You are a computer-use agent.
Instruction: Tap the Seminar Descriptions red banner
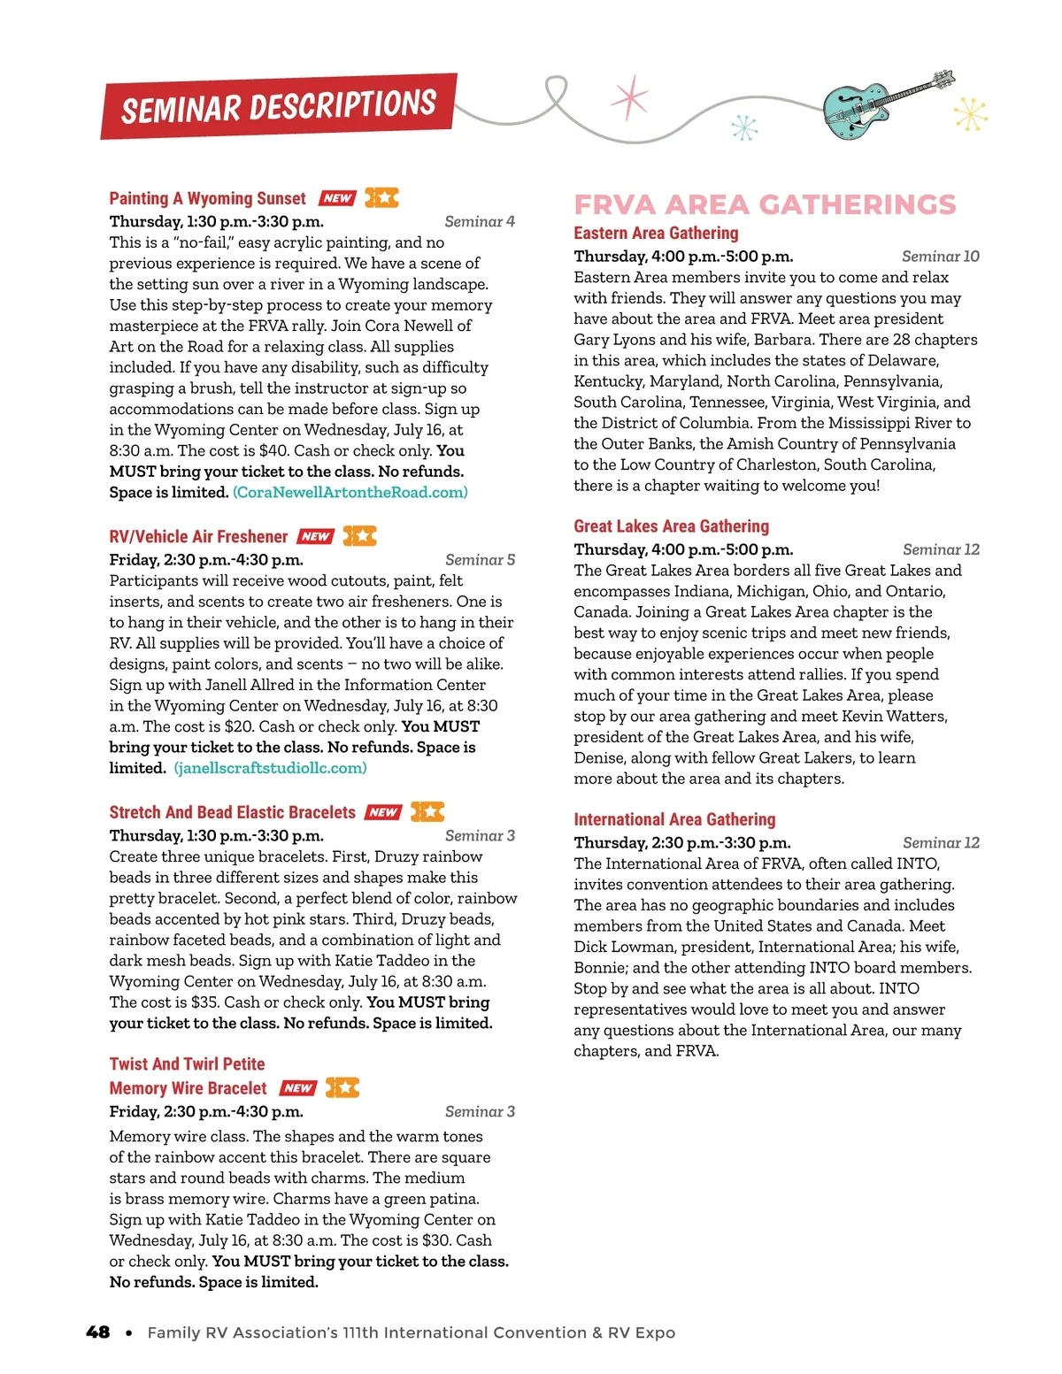click(279, 107)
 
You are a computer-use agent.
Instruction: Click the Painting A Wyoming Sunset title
click(207, 198)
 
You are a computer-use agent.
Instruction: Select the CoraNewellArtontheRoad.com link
click(350, 492)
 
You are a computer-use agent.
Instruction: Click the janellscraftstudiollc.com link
click(270, 768)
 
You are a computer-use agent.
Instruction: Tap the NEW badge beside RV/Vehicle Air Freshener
click(315, 536)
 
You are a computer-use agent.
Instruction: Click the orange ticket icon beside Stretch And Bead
click(427, 811)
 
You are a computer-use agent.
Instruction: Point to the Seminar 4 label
click(479, 221)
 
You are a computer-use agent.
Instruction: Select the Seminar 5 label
click(480, 559)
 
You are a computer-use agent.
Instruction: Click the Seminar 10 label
click(940, 256)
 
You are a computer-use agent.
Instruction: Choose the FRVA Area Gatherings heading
click(765, 204)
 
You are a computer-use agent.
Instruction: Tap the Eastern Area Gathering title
click(656, 233)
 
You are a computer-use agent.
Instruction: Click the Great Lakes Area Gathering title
click(671, 526)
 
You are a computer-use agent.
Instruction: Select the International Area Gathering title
click(674, 819)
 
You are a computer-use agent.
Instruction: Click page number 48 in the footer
click(98, 1332)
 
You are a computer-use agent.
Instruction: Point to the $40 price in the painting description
click(274, 450)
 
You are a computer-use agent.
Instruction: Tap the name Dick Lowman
click(625, 947)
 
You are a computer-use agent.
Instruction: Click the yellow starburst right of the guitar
click(971, 113)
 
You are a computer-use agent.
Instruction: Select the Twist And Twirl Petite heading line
click(187, 1063)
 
